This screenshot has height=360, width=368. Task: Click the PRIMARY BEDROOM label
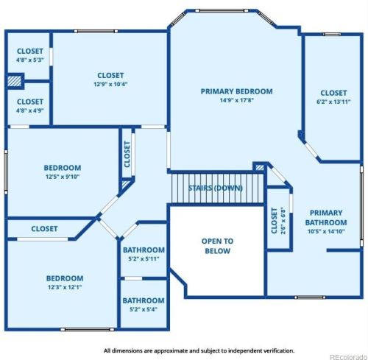point(236,91)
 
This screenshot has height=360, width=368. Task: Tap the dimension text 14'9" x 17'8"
point(236,101)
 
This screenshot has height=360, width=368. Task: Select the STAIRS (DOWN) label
point(215,188)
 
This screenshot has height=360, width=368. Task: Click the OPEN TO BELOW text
point(217,246)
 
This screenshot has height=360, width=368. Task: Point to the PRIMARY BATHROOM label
point(326,218)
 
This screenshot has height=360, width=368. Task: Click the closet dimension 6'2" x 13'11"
point(333,102)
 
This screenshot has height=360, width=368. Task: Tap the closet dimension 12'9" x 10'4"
point(110,85)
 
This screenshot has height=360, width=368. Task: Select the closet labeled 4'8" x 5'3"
point(30,60)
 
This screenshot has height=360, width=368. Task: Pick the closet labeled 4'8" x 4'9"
point(30,111)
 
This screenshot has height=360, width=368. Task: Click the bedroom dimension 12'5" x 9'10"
point(62,177)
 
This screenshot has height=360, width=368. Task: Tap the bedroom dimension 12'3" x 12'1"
point(65,288)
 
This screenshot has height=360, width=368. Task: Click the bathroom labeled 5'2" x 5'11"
point(144,259)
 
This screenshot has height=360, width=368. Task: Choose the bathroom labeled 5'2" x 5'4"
point(144,310)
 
